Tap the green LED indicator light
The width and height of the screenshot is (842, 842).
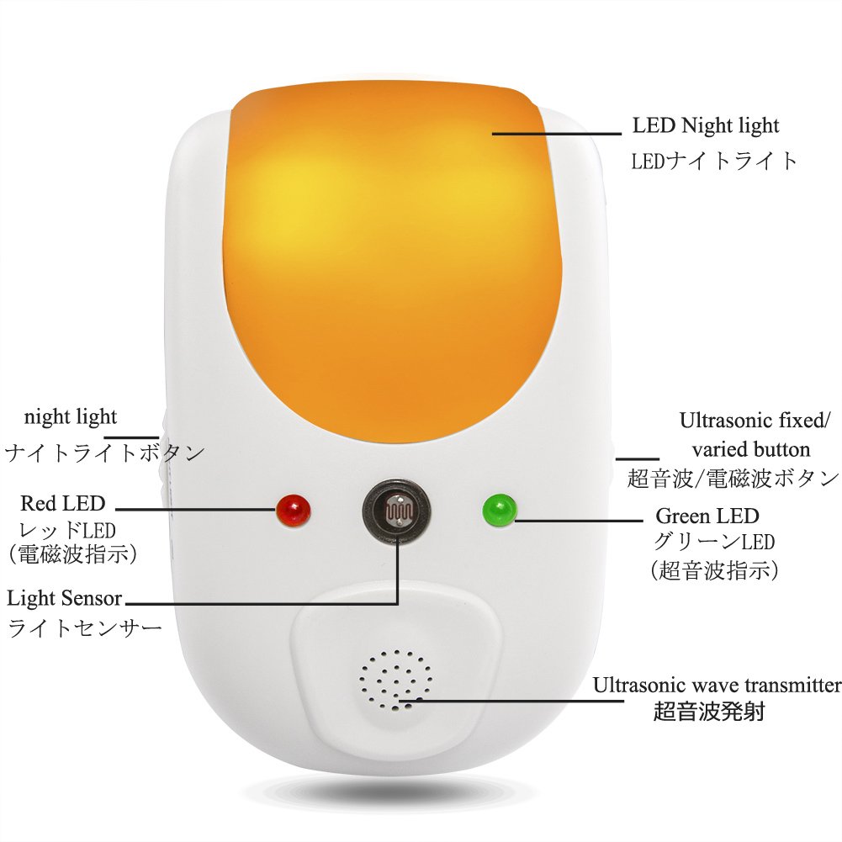click(499, 510)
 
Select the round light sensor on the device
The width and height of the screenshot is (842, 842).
click(396, 510)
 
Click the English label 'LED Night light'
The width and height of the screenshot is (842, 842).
click(706, 126)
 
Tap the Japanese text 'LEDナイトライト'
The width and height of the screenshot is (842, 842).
click(714, 161)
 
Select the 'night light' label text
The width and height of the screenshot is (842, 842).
click(71, 416)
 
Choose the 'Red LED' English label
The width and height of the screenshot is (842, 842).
click(63, 504)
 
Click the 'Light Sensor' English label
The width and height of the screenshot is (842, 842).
click(65, 599)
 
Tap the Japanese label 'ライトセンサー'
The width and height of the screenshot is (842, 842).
click(85, 628)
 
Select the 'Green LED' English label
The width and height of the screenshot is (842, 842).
click(707, 516)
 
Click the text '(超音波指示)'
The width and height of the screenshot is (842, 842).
click(714, 570)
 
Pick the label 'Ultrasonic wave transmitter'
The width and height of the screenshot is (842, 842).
click(717, 685)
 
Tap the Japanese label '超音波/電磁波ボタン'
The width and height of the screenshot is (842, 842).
click(733, 478)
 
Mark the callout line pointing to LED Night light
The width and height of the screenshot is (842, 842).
click(555, 132)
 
